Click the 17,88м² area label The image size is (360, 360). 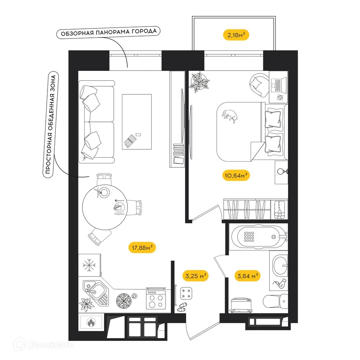[142, 247]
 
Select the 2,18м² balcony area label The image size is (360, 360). [236, 35]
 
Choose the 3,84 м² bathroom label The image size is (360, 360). [248, 276]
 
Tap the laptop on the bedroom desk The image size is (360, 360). [278, 85]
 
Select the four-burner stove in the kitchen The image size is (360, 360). [156, 300]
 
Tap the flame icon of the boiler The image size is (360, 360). [91, 322]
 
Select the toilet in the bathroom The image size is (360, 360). [275, 300]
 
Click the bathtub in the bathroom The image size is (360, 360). [256, 237]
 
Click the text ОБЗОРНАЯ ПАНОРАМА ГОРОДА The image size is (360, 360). [108, 33]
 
